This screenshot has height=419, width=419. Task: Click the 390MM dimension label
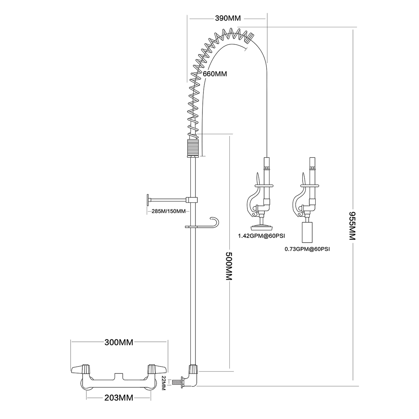pyautogui.click(x=228, y=18)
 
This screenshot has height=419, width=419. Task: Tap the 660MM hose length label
pyautogui.click(x=215, y=74)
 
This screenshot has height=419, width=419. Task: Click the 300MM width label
pyautogui.click(x=119, y=342)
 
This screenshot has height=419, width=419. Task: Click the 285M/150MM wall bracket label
pyautogui.click(x=168, y=211)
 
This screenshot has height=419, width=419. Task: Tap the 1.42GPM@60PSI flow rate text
pyautogui.click(x=261, y=236)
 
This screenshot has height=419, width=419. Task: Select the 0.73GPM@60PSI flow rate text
pyautogui.click(x=307, y=249)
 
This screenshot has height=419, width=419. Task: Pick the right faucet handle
pyautogui.click(x=156, y=370)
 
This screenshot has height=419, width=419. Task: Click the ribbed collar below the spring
pyautogui.click(x=192, y=148)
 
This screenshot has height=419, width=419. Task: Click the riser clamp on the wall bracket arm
pyautogui.click(x=192, y=200)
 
